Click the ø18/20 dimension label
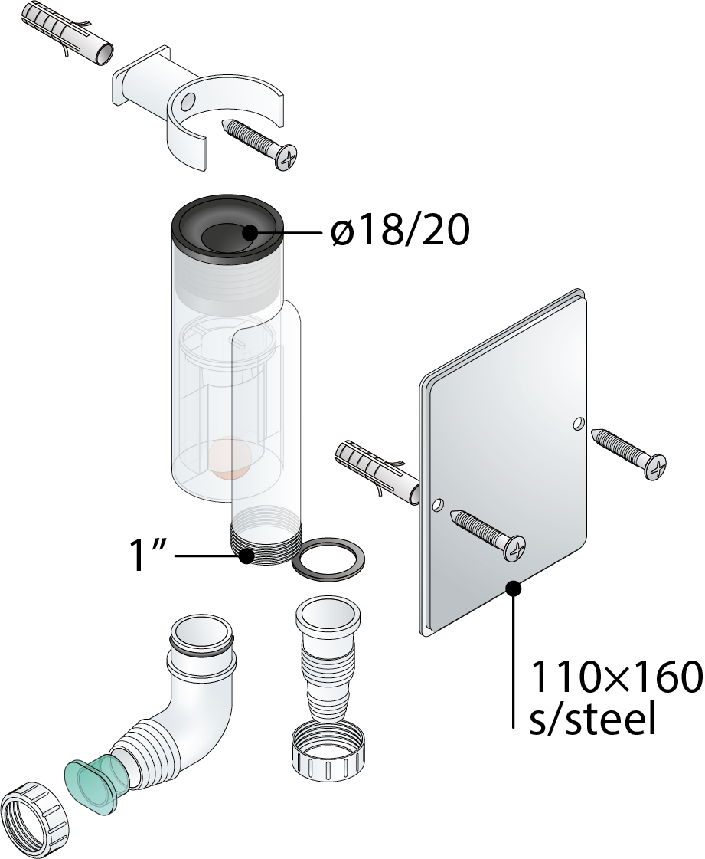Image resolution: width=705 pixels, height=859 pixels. pos(400,231)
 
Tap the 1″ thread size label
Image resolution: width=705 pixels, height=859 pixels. pos(144,556)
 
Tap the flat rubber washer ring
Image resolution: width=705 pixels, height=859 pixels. pos(328,559)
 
